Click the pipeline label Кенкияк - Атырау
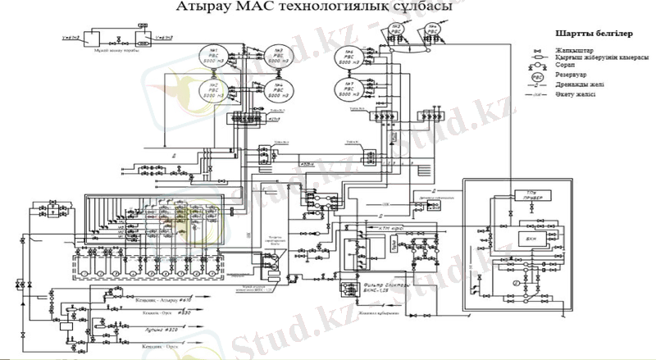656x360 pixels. coord(164,302)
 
